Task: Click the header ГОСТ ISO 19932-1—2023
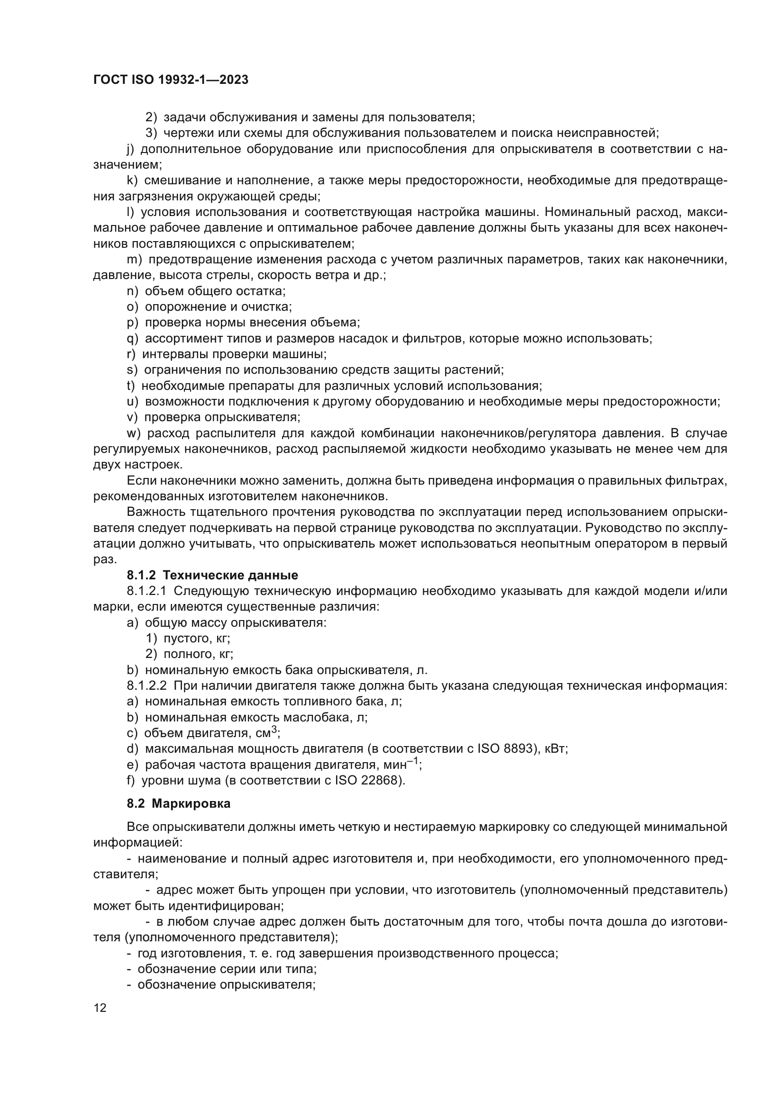click(171, 80)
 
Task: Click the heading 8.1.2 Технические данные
click(212, 575)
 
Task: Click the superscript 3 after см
click(273, 730)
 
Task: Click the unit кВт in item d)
click(555, 749)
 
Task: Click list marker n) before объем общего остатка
click(132, 291)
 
